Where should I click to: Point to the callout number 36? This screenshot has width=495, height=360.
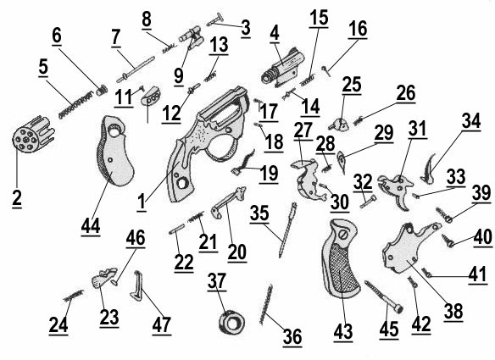tap(292, 337)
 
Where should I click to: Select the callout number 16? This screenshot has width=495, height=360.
tap(356, 29)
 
